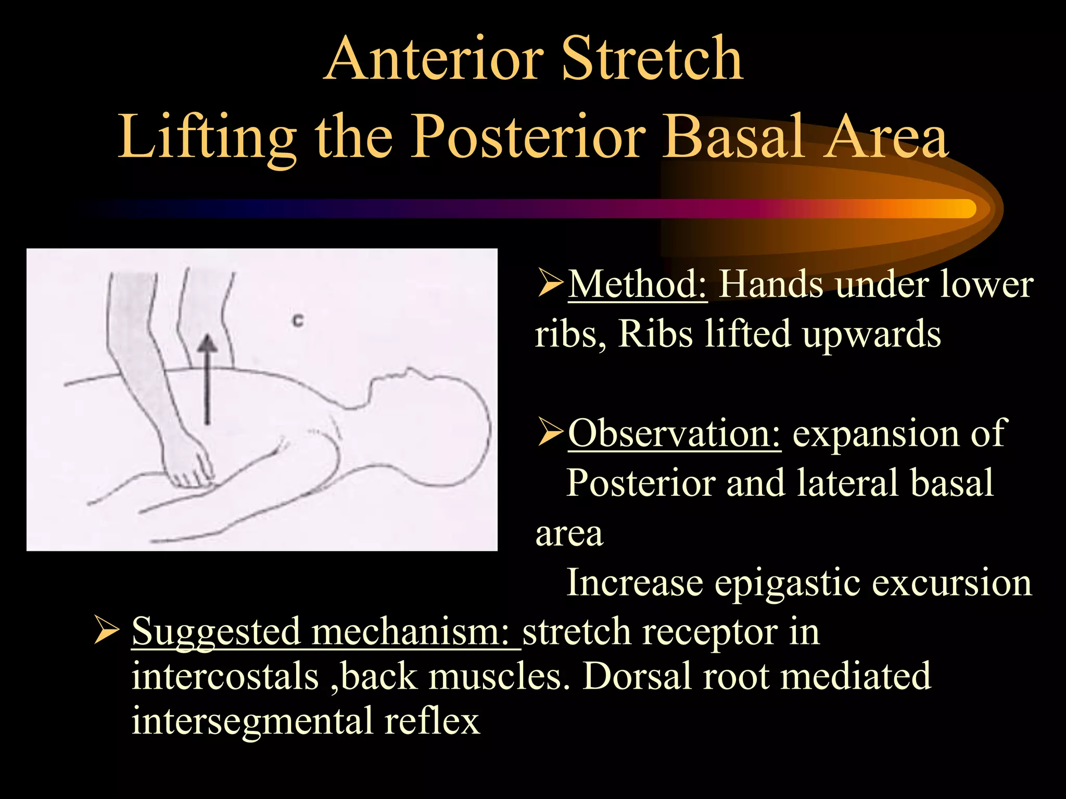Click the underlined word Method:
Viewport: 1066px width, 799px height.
[637, 285]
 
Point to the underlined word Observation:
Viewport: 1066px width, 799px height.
[674, 433]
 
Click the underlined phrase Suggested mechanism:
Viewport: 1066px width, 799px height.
[325, 631]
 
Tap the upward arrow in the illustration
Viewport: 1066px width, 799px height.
[208, 380]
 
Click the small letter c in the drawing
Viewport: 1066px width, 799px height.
[298, 320]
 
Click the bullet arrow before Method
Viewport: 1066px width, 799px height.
[550, 285]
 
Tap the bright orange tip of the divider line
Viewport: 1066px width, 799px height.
[963, 208]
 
